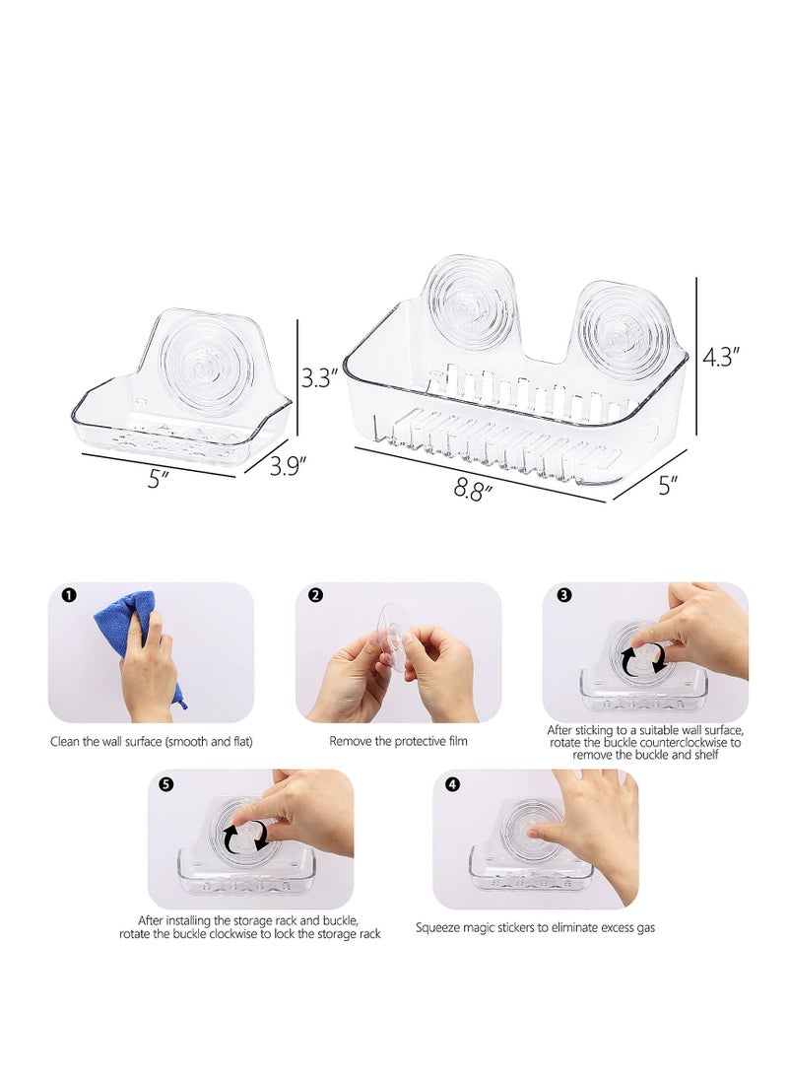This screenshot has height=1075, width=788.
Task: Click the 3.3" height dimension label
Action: pyautogui.click(x=320, y=376)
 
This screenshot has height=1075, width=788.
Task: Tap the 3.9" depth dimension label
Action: pyautogui.click(x=290, y=466)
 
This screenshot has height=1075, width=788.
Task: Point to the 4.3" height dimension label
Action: pyautogui.click(x=723, y=357)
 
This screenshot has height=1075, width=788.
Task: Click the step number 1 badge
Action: pyautogui.click(x=67, y=595)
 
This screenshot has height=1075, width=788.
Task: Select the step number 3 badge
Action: pyautogui.click(x=562, y=595)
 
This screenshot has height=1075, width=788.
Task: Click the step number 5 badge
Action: pyautogui.click(x=166, y=784)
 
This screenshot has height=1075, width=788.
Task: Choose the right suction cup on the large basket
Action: pyautogui.click(x=623, y=333)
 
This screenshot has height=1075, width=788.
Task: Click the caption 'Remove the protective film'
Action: pyautogui.click(x=398, y=741)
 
